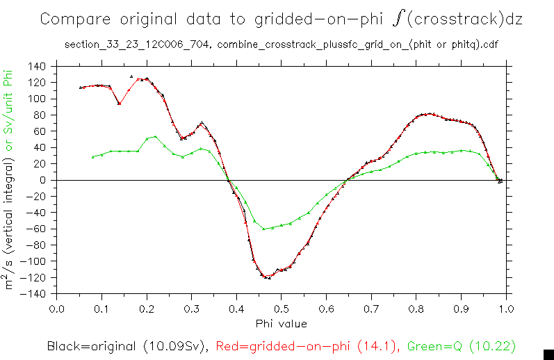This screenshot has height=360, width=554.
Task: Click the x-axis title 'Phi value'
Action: coord(281,323)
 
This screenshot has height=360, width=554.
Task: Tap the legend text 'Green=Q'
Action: coord(432,345)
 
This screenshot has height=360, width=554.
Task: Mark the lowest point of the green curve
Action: coord(263,229)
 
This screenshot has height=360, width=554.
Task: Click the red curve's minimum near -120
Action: coord(268,277)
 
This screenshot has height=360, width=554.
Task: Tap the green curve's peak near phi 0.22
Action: coord(155,136)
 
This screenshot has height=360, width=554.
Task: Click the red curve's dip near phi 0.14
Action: coord(119,104)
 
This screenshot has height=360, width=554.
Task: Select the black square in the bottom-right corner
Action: coord(548,354)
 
